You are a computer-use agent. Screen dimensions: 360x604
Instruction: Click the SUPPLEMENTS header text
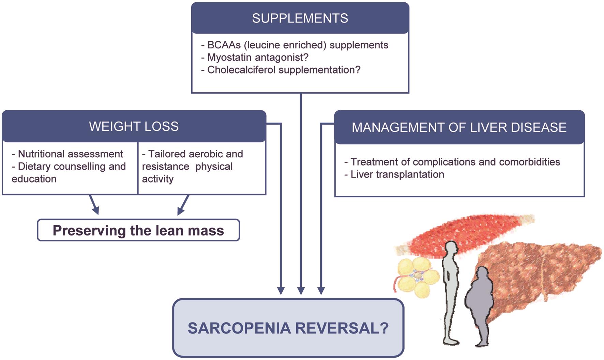pos(300,18)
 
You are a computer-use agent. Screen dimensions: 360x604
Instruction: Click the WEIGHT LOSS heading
pos(134,126)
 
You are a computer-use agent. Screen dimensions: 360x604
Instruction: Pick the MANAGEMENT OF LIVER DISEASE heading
pos(459,127)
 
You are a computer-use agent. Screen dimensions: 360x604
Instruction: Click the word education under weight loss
pos(34,179)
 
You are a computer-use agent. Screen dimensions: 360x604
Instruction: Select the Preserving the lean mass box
pos(138,231)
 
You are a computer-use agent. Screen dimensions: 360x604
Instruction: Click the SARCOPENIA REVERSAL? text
pos(288,328)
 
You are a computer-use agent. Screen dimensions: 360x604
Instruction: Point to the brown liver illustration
pos(542,272)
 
